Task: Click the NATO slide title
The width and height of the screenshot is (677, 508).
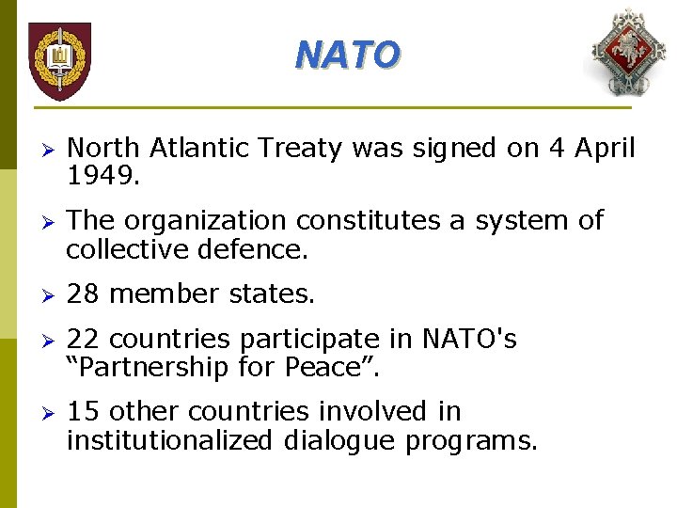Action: click(347, 56)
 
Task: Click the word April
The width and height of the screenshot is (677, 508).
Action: click(600, 149)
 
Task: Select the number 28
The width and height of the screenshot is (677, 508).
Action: click(83, 294)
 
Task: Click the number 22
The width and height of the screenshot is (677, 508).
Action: click(83, 339)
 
